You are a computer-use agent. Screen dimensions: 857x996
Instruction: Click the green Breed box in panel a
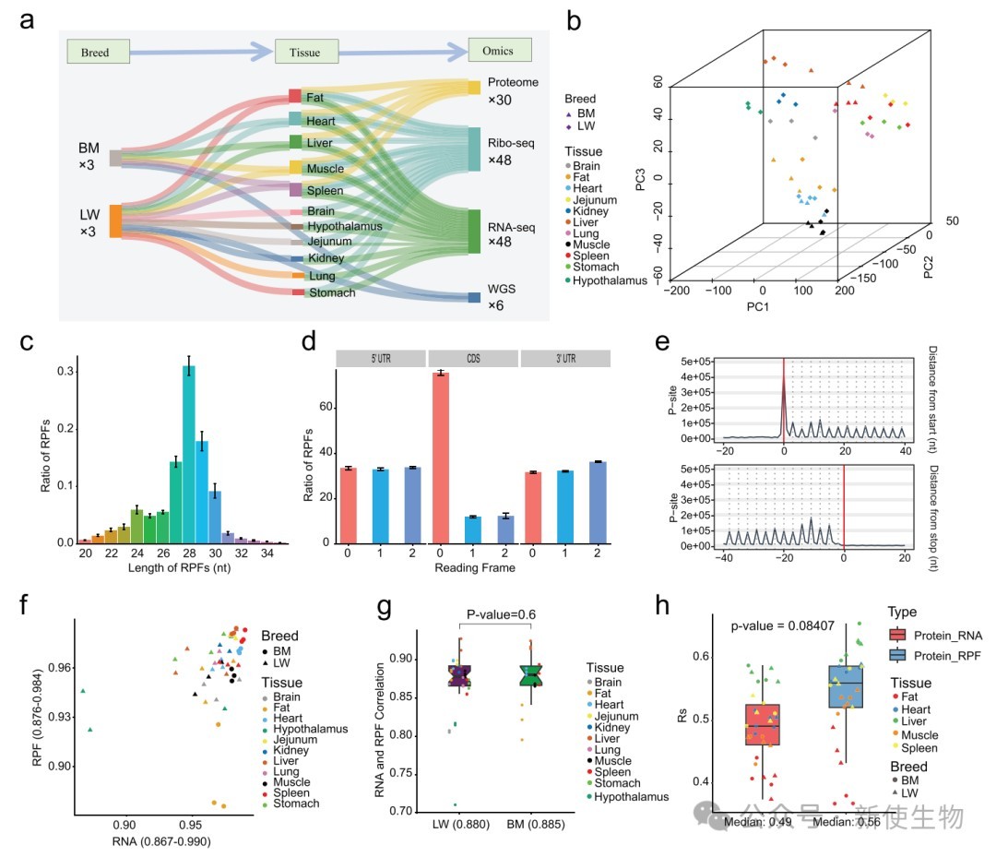click(x=94, y=53)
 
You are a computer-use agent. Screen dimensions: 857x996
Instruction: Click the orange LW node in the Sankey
click(x=116, y=221)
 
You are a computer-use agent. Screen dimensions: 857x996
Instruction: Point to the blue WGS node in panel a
click(x=474, y=298)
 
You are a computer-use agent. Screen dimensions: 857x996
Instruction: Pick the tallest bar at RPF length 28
click(x=188, y=454)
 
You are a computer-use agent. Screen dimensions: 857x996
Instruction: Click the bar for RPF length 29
click(x=201, y=492)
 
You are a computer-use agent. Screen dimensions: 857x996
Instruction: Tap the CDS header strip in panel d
click(x=474, y=358)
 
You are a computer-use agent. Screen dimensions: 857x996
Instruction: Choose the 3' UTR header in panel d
click(x=567, y=358)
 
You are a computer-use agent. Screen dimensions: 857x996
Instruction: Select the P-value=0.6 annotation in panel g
click(x=499, y=615)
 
